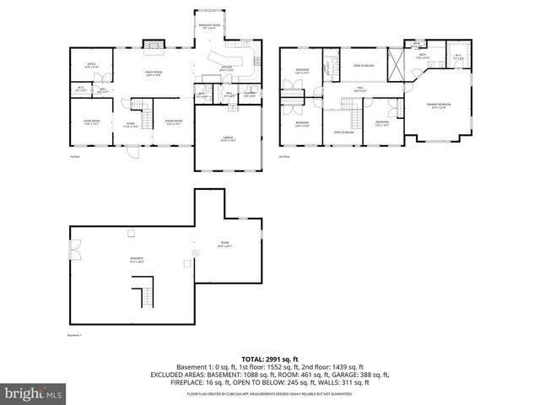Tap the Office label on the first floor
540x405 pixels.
92,65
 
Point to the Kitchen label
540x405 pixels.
226,67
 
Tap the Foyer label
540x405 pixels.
131,127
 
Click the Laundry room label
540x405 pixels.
250,94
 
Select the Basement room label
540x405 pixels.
136,259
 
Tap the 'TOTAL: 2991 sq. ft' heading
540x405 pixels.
270,358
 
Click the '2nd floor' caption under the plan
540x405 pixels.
284,156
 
